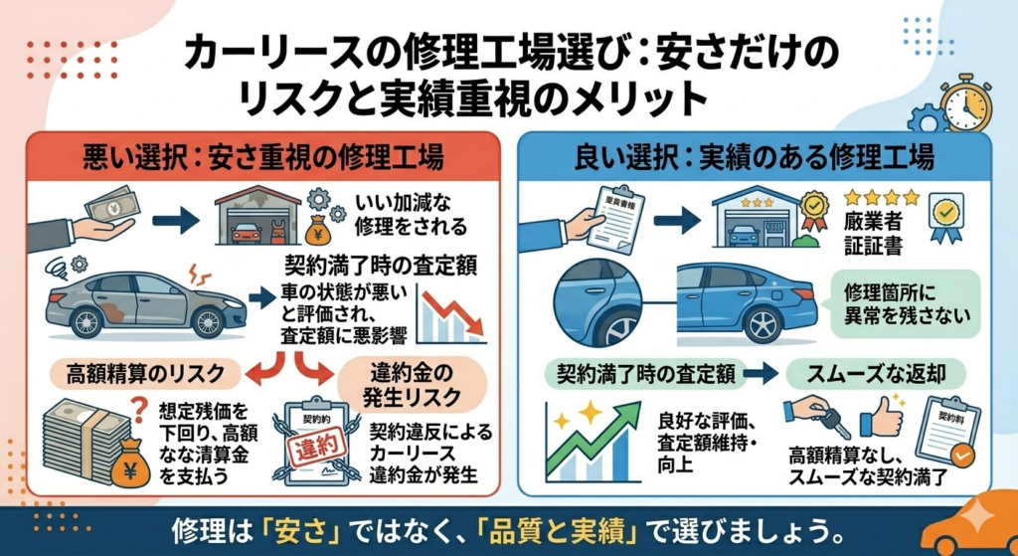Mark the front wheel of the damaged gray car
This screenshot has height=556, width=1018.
point(207,321)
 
